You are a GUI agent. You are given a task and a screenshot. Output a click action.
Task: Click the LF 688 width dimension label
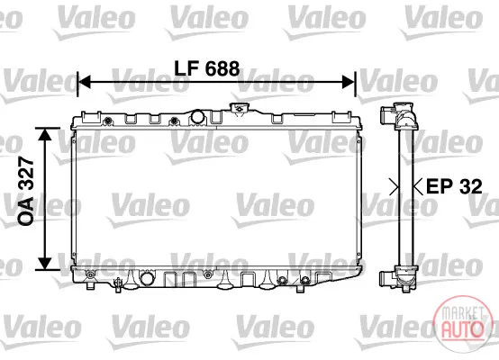[x=207, y=68]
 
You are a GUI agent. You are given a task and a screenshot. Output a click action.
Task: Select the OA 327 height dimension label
[x=26, y=191]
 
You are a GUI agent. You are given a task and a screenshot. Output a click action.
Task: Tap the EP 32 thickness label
[x=454, y=186]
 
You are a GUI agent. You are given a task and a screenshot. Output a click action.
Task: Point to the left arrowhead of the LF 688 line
[x=85, y=82]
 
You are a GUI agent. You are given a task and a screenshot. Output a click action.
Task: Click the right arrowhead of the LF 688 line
[x=348, y=82]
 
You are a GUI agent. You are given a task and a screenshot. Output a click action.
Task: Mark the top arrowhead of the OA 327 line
[x=44, y=134]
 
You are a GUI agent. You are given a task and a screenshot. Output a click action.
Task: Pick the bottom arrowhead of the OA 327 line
[x=44, y=264]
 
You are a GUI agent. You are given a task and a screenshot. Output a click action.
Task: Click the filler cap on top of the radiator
[x=239, y=108]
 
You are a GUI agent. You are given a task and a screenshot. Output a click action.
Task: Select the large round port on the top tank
[x=197, y=117]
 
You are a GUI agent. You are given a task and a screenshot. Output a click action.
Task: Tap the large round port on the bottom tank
[x=147, y=278]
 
